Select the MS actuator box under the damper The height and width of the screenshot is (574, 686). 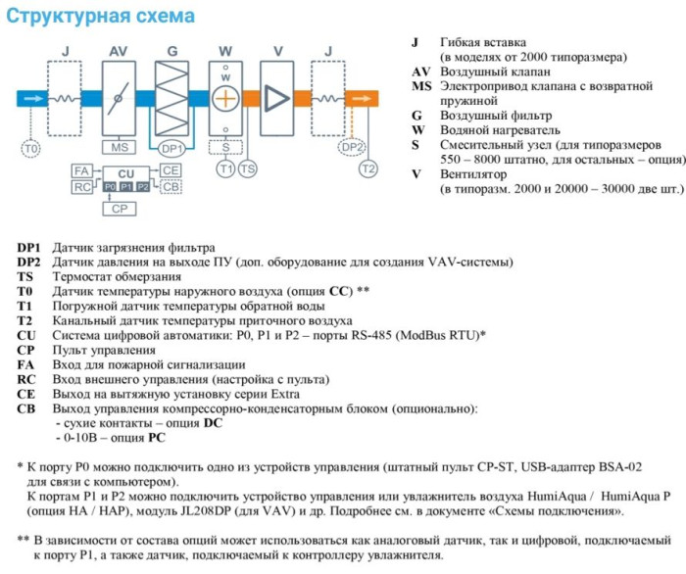pyautogui.click(x=120, y=148)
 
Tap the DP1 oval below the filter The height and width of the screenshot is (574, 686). pyautogui.click(x=172, y=148)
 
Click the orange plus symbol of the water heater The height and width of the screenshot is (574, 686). pyautogui.click(x=226, y=98)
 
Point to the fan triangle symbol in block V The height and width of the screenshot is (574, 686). pyautogui.click(x=278, y=98)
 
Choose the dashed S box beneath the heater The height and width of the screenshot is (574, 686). pyautogui.click(x=226, y=148)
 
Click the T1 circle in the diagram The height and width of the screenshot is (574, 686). pyautogui.click(x=226, y=169)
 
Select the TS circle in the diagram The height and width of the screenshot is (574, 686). pyautogui.click(x=248, y=169)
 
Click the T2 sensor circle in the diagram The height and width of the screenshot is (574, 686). pyautogui.click(x=368, y=169)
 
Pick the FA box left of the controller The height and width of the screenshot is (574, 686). pyautogui.click(x=82, y=171)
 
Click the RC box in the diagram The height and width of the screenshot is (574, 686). pyautogui.click(x=82, y=186)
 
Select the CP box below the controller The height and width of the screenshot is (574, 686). pyautogui.click(x=120, y=209)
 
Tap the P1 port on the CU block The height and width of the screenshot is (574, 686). pyautogui.click(x=125, y=186)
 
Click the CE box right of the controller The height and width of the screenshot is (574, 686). pyautogui.click(x=171, y=171)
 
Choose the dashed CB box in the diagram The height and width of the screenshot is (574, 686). pyautogui.click(x=171, y=186)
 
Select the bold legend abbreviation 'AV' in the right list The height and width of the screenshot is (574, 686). pyautogui.click(x=418, y=72)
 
